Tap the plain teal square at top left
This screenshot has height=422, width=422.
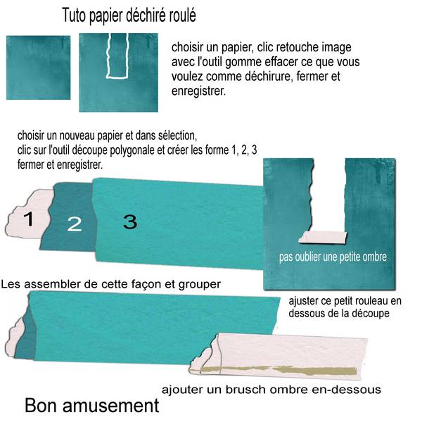coord(39,68)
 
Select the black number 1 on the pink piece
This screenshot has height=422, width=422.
coord(28,219)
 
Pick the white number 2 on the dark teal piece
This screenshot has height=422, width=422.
coord(75,224)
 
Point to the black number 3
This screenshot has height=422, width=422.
coord(129,222)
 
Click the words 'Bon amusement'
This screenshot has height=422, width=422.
coord(91,406)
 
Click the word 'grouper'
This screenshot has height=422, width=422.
coord(202,284)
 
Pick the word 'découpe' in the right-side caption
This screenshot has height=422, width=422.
coord(369,313)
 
